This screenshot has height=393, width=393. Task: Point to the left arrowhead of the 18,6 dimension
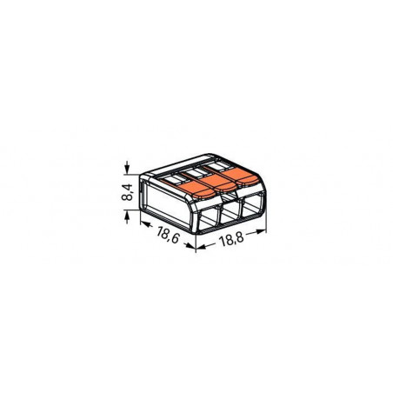point(143,223)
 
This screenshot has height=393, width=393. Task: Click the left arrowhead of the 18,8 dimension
point(202,247)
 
